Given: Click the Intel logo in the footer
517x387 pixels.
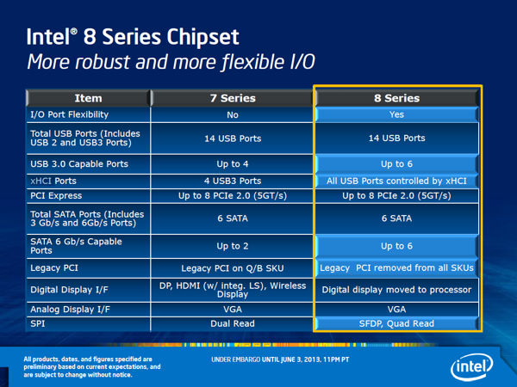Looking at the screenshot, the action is tap(471, 367).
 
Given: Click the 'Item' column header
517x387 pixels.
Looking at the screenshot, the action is tap(88, 98).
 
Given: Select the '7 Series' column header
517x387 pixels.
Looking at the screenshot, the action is tap(233, 98).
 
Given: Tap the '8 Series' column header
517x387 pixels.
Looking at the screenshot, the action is tap(396, 98).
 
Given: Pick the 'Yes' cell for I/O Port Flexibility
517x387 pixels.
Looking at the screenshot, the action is tap(396, 114).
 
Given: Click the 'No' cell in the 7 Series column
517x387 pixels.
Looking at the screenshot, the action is tap(233, 115).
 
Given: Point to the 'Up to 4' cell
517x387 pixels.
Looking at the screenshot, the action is tap(233, 164).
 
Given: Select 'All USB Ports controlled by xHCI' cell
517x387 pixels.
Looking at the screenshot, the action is tap(396, 181).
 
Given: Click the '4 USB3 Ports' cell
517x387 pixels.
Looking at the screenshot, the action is tap(233, 181).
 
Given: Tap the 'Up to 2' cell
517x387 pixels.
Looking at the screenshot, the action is tap(233, 246).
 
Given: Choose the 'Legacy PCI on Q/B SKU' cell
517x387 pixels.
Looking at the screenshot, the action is tap(233, 268).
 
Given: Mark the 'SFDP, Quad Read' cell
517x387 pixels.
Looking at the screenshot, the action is tap(396, 324).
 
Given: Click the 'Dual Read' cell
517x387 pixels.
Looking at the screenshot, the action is tap(233, 324).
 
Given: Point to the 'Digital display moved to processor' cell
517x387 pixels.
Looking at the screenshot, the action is tap(396, 290).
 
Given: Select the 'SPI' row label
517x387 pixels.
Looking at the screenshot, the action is tap(38, 324).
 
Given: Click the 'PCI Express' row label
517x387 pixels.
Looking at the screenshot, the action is tap(56, 196).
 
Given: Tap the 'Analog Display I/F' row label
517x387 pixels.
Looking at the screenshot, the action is tap(71, 310).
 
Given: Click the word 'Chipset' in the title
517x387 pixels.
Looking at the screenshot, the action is tap(202, 37).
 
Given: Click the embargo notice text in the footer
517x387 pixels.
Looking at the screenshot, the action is tap(280, 359).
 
